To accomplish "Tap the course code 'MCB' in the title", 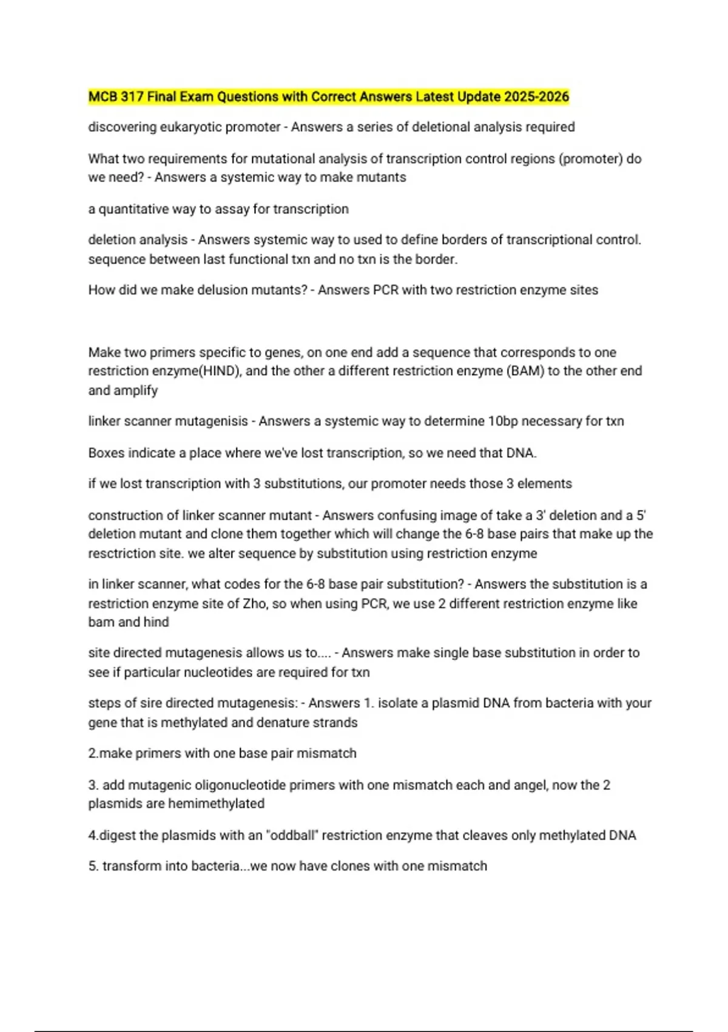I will (x=103, y=97).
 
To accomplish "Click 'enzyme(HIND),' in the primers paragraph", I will (x=200, y=371).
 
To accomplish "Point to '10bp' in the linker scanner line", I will (x=504, y=421).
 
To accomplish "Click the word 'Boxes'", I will (x=106, y=453).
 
